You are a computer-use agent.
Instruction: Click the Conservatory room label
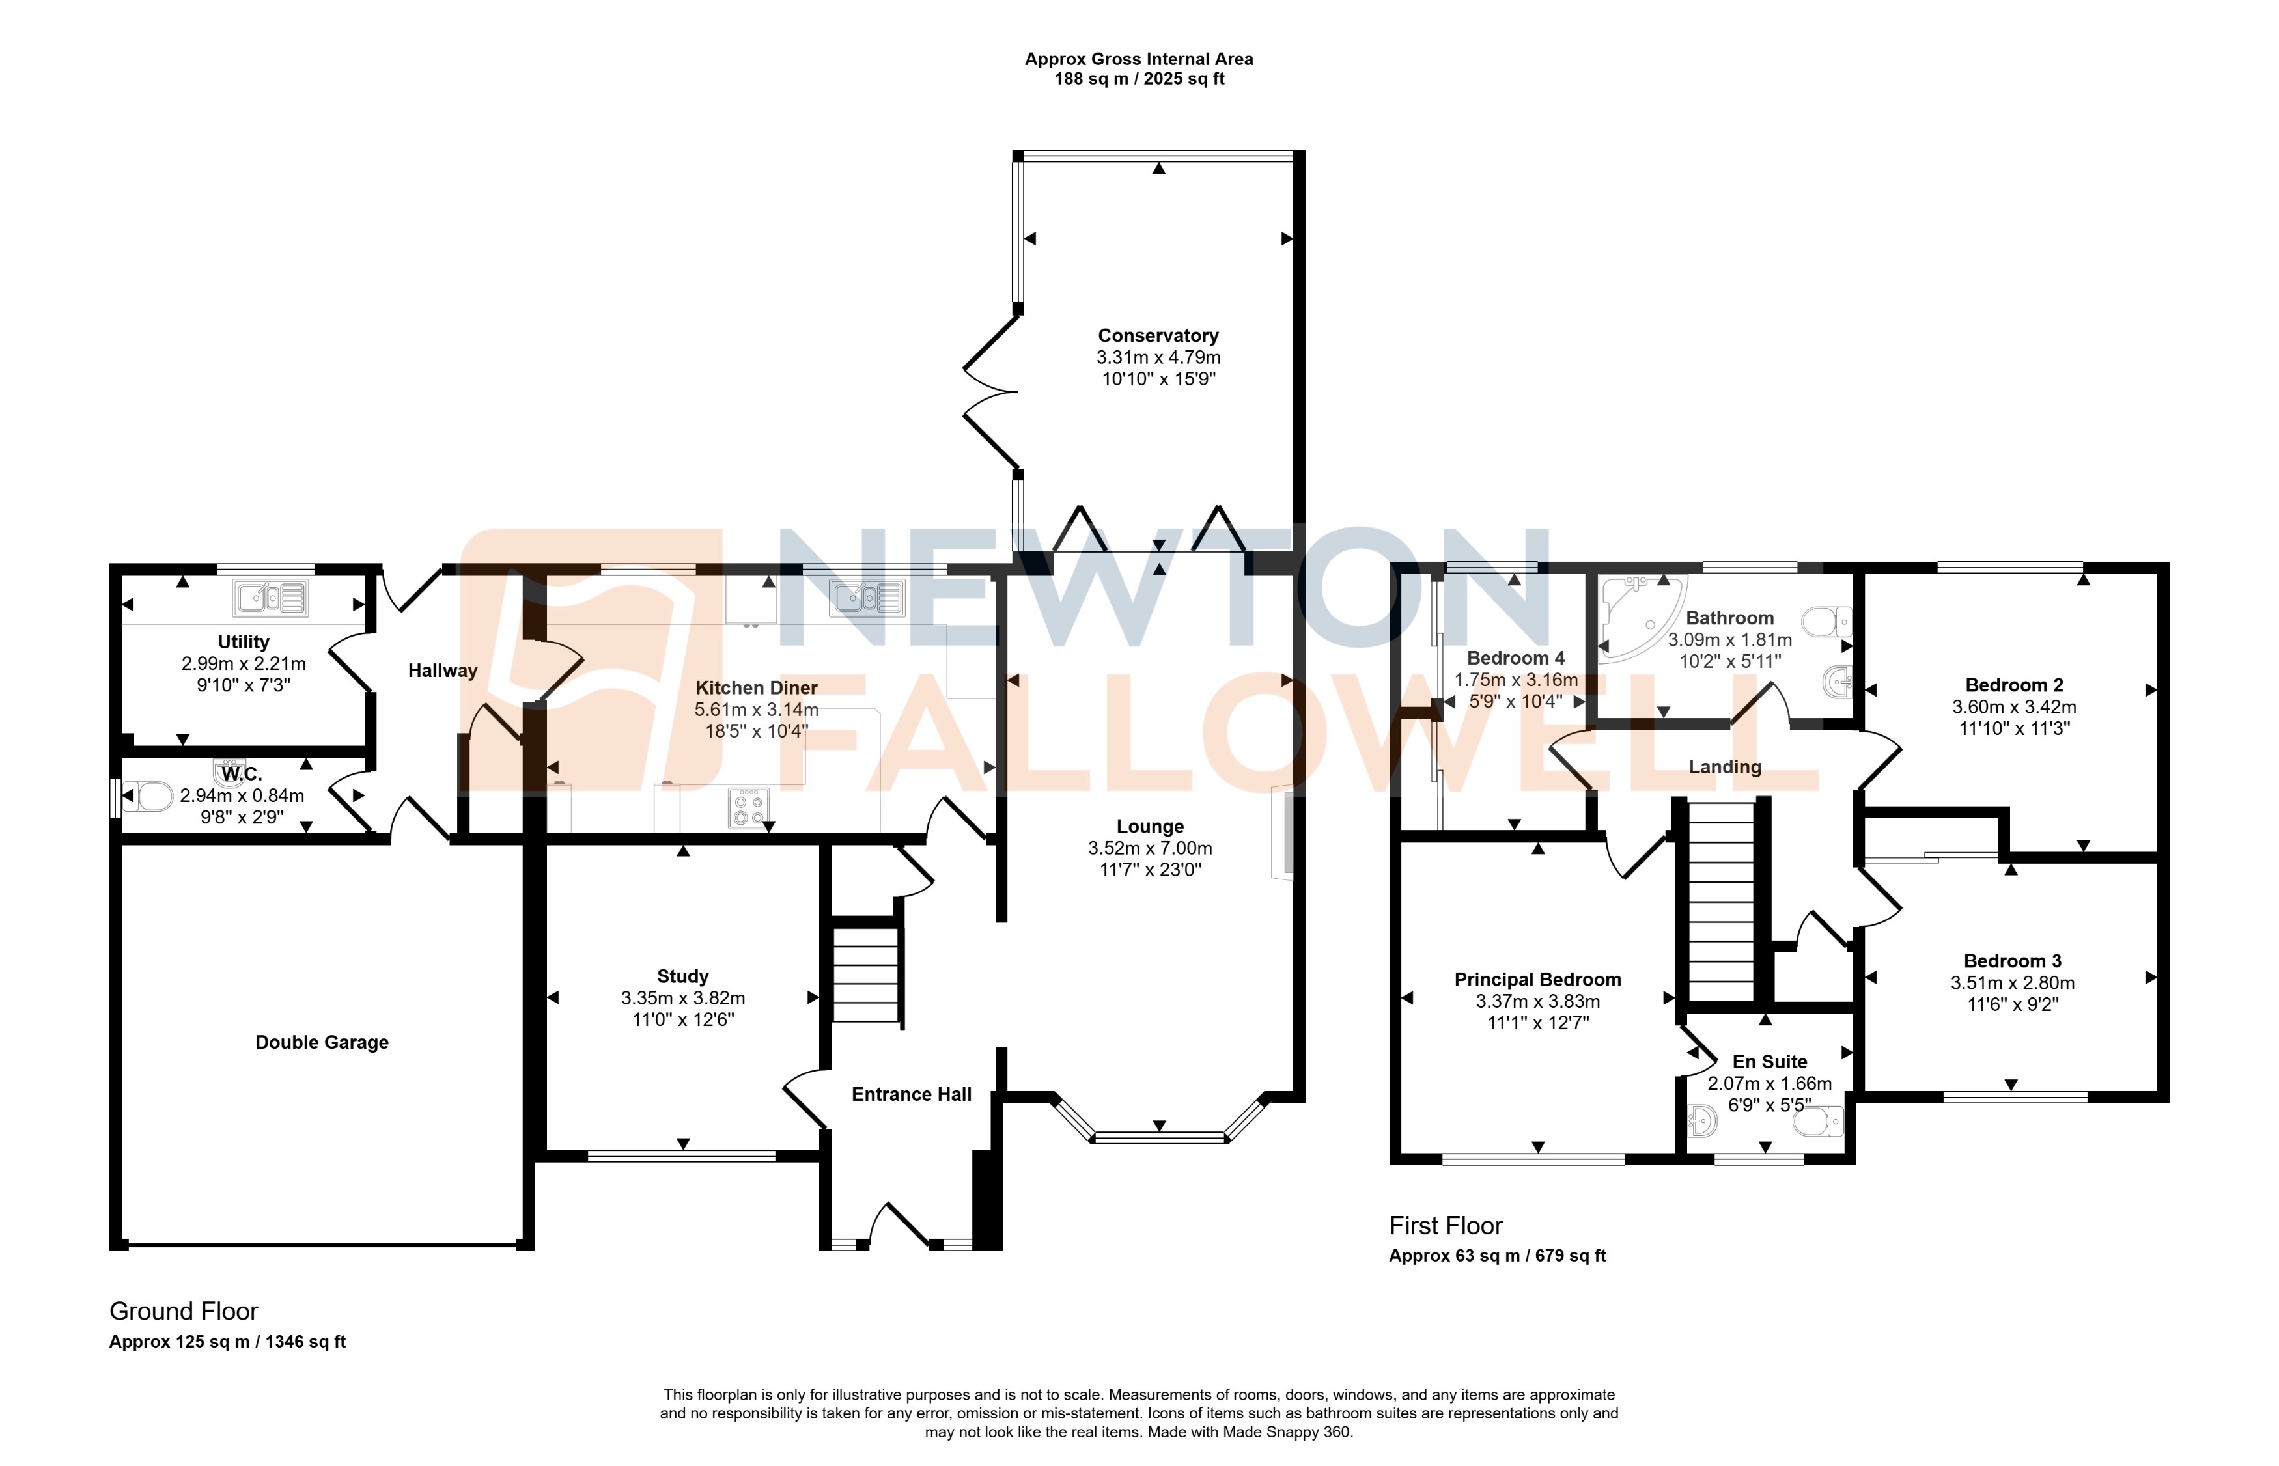click(1158, 335)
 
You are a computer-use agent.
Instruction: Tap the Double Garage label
click(322, 1042)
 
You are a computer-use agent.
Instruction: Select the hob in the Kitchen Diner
click(748, 809)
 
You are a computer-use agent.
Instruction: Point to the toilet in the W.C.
click(150, 797)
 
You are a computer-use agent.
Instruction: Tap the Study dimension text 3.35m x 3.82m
click(682, 998)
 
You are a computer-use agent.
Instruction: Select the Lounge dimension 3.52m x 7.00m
click(1150, 848)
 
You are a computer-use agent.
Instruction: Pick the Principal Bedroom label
click(1537, 980)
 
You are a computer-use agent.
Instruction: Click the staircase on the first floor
click(1721, 900)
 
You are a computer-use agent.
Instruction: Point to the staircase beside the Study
click(866, 974)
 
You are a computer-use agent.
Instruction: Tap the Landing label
click(1725, 768)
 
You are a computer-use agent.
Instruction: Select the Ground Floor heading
click(184, 1312)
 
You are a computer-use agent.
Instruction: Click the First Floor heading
click(1445, 1226)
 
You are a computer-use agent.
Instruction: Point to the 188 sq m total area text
click(1139, 79)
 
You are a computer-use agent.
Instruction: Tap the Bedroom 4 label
click(1515, 657)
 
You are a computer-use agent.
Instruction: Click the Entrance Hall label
click(911, 1095)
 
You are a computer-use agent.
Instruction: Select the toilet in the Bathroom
click(1828, 622)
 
